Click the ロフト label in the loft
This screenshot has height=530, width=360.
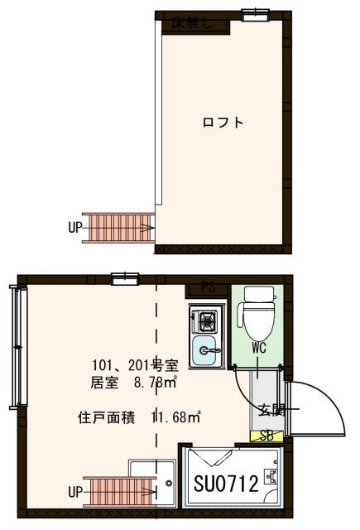click(223, 123)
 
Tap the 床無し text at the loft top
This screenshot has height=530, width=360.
click(193, 24)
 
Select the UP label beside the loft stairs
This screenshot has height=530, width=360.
click(75, 227)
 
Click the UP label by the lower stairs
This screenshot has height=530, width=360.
click(75, 492)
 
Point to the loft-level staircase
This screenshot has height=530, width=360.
click(120, 226)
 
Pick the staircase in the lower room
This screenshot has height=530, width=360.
click(120, 490)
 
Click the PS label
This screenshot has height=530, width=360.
click(209, 288)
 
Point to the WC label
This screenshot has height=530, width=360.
click(258, 349)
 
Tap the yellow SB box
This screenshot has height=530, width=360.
click(266, 436)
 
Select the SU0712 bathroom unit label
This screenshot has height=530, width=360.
click(226, 484)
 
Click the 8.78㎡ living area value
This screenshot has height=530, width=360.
click(156, 383)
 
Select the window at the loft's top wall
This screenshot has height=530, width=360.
click(256, 12)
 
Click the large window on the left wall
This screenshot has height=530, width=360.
click(14, 346)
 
